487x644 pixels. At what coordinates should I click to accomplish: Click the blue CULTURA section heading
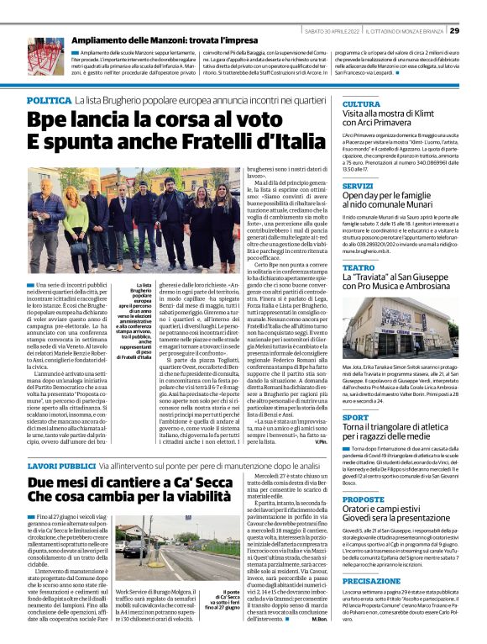point(361,103)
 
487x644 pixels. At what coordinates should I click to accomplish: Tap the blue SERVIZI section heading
point(359,185)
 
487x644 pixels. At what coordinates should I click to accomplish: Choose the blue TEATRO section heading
point(358,268)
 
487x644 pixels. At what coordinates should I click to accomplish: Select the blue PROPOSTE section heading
point(363,474)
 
